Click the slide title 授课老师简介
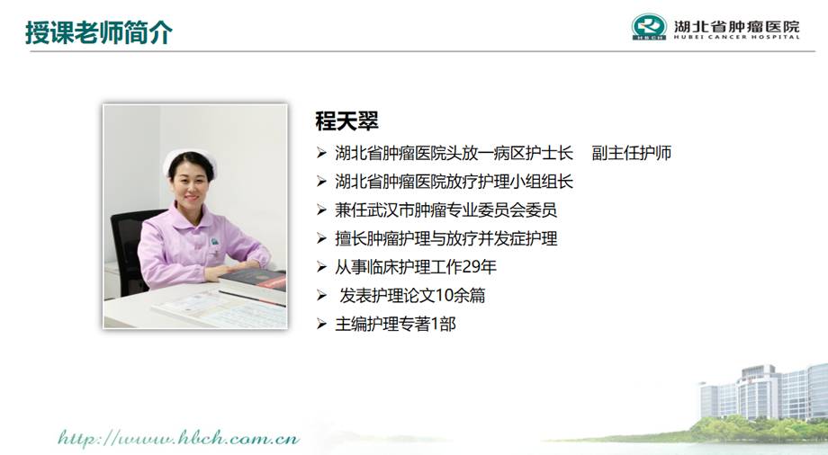[x=99, y=32]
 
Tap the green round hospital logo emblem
[x=649, y=27]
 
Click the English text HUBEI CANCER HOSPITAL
[x=736, y=37]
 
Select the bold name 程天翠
[x=346, y=120]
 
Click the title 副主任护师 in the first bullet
[x=632, y=153]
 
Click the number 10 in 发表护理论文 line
[x=444, y=296]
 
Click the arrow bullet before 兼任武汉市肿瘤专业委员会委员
[x=321, y=210]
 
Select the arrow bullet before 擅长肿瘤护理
[x=321, y=238]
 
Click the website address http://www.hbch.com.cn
[x=178, y=438]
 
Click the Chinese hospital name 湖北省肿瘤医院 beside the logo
[x=736, y=25]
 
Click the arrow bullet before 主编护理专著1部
[x=321, y=324]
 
